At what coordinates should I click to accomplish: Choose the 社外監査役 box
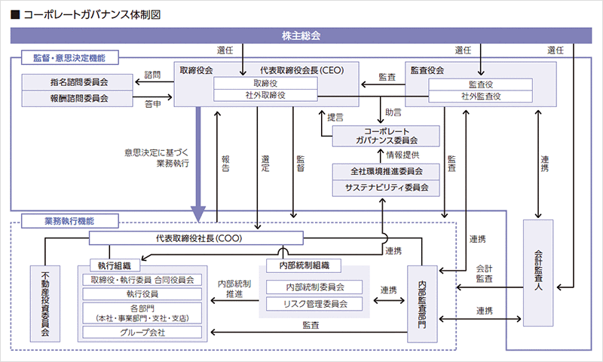481,96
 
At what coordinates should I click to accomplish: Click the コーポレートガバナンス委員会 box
386,135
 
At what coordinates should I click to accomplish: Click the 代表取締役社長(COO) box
196,238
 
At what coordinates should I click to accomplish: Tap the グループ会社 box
141,333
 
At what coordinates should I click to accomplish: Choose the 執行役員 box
141,294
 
